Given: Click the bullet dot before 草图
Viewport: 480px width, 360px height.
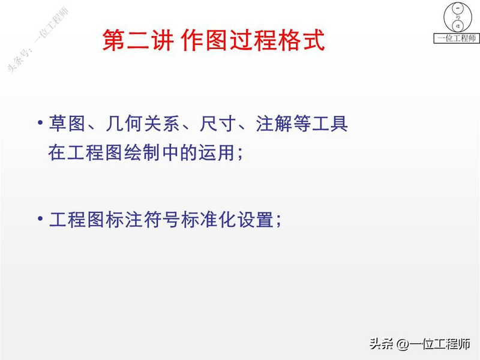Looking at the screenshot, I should tap(40, 123).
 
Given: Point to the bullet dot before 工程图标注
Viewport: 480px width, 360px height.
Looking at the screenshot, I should tap(40, 217).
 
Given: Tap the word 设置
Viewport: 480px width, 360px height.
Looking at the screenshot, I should tap(255, 219).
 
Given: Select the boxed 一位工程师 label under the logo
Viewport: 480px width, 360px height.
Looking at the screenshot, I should tap(457, 38).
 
